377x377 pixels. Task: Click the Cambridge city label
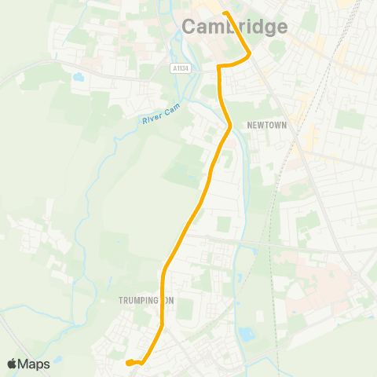click(235, 27)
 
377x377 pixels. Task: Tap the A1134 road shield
click(180, 68)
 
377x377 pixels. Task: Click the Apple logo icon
click(13, 364)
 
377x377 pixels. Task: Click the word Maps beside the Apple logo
click(35, 364)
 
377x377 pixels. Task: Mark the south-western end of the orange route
click(126, 362)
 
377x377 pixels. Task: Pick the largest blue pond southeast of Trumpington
click(245, 333)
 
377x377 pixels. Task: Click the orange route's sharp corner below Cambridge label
click(249, 53)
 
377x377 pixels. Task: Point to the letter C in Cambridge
click(191, 27)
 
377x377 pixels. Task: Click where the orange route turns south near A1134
click(219, 68)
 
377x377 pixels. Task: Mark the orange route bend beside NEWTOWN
click(229, 126)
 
